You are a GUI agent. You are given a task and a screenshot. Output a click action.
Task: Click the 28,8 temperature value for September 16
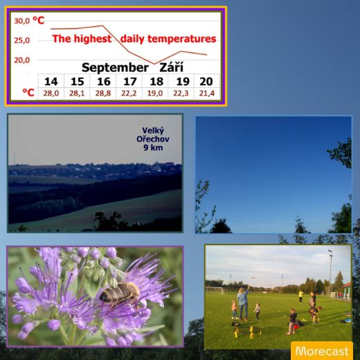(103, 93)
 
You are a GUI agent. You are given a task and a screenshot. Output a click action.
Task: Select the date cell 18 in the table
(156, 82)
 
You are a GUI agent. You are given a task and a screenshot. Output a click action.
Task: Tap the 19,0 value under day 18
(155, 93)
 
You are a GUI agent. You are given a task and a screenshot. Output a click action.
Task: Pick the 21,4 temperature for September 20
(207, 93)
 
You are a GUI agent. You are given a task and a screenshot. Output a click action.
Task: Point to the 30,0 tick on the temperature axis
(22, 21)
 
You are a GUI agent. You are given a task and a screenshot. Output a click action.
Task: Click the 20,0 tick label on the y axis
(22, 60)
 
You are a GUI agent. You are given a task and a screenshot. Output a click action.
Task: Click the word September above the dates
(115, 68)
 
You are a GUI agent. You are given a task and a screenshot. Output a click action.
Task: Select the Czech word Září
(171, 67)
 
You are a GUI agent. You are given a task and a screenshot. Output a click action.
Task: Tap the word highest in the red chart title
(93, 39)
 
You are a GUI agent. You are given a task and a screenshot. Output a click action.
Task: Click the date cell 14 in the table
(51, 82)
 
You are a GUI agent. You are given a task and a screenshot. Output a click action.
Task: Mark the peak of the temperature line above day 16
(102, 26)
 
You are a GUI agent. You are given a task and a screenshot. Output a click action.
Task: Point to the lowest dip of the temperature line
(154, 64)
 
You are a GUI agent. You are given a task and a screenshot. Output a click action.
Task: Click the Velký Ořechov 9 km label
(153, 139)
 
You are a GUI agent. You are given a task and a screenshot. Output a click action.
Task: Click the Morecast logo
(322, 350)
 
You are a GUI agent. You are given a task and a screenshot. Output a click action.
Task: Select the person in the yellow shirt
(300, 296)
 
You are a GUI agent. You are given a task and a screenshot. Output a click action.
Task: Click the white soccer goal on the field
(215, 290)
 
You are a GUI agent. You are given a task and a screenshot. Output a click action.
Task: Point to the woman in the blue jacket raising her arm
(243, 303)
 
